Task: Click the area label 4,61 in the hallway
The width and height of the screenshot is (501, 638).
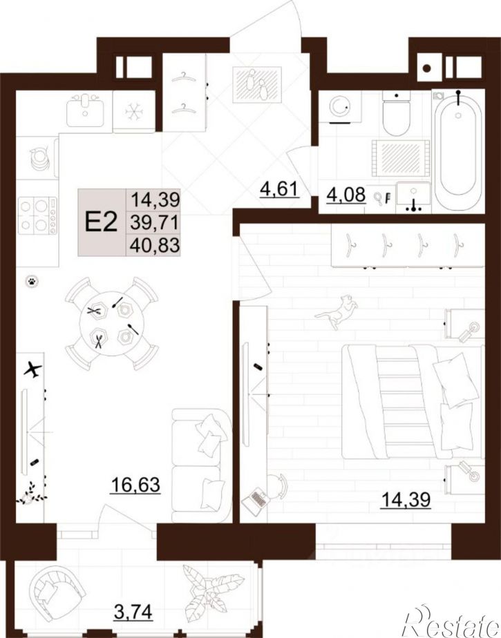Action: click(279, 190)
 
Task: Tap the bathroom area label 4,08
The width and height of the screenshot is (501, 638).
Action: click(346, 195)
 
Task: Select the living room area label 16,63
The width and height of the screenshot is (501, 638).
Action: click(135, 485)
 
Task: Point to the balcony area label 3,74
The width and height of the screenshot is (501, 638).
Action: click(133, 612)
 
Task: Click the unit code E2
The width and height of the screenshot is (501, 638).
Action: click(102, 222)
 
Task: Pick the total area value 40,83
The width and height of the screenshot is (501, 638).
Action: click(155, 245)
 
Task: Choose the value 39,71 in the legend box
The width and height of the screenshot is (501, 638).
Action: click(155, 222)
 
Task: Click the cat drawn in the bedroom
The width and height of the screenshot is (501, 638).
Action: click(337, 311)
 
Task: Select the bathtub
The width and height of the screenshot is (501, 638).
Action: click(458, 150)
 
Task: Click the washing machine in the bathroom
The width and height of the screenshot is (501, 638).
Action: click(340, 106)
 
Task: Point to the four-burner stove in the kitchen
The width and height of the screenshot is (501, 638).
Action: click(37, 215)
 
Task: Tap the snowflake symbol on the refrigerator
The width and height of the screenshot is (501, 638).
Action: click(133, 110)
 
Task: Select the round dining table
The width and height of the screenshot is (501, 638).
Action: click(112, 323)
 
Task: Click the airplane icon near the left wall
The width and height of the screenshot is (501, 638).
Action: click(32, 369)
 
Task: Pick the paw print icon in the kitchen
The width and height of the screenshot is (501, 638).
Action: click(31, 281)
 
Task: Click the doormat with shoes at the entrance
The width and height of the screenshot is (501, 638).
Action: click(256, 85)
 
